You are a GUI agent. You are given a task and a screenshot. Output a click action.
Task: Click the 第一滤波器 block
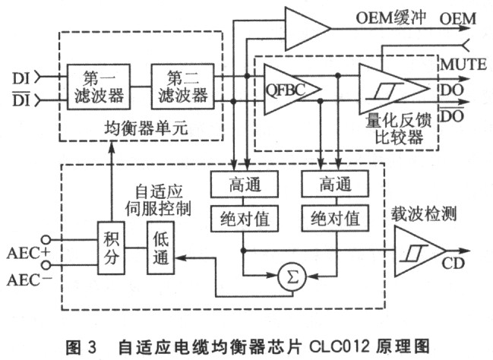click(x=99, y=87)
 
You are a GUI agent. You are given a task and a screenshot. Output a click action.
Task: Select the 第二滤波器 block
click(x=182, y=87)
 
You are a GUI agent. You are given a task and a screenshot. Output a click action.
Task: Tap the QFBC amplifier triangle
click(x=292, y=90)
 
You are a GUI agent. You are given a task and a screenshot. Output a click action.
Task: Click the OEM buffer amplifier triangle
click(x=308, y=29)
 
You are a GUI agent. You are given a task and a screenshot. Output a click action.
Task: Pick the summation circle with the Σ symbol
click(x=292, y=277)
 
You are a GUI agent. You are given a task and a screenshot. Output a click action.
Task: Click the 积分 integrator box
click(x=111, y=248)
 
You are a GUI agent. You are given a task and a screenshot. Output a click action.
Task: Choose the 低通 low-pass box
click(x=161, y=248)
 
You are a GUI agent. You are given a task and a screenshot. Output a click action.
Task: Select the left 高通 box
click(x=245, y=185)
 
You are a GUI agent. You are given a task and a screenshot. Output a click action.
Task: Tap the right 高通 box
click(x=335, y=185)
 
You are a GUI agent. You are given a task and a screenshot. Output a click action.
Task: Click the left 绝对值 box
click(x=245, y=219)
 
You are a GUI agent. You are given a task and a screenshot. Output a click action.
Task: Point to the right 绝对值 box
click(x=335, y=219)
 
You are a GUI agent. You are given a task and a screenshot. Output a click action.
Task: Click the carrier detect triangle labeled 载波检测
click(x=420, y=251)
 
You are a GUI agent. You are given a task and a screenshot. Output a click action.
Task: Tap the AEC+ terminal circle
click(x=46, y=240)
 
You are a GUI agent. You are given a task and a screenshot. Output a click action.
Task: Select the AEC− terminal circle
click(x=46, y=266)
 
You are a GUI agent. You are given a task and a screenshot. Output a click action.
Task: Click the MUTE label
click(x=463, y=65)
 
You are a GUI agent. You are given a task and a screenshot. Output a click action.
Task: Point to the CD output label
click(x=453, y=264)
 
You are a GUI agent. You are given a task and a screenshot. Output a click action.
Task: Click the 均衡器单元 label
click(x=146, y=128)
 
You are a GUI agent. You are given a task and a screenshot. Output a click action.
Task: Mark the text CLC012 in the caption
click(x=339, y=346)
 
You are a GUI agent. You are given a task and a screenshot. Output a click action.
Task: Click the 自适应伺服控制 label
click(x=159, y=199)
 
